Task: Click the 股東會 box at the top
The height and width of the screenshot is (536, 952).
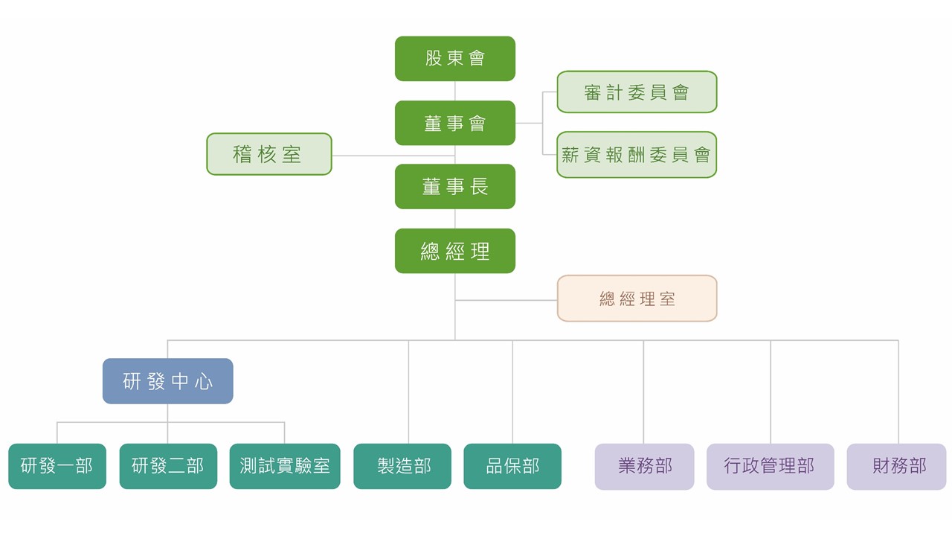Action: point(454,58)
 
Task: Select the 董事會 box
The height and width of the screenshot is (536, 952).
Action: point(454,123)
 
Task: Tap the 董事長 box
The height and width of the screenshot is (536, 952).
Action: point(454,186)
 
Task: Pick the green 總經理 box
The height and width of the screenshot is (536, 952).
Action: point(454,251)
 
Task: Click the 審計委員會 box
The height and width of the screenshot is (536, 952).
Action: point(637,92)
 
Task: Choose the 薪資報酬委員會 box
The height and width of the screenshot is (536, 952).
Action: point(637,155)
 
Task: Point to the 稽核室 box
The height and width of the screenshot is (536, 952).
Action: point(268,154)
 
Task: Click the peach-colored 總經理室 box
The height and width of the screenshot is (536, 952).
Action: point(637,299)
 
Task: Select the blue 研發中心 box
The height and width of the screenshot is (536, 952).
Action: point(167,381)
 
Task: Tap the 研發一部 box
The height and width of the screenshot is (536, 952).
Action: point(57,466)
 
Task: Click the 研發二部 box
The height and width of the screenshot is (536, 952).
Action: point(168,466)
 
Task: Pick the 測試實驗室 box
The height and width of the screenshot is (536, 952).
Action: point(285,466)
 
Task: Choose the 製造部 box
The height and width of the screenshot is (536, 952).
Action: point(402,466)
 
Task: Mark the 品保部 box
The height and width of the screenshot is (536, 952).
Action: point(512,466)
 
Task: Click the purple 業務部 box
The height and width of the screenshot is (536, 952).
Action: point(644,466)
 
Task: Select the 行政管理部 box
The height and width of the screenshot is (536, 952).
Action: point(770,466)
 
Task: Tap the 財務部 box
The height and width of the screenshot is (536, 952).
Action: point(897,466)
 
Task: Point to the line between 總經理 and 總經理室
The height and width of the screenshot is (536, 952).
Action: point(506,300)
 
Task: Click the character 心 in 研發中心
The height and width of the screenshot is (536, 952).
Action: point(204,382)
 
